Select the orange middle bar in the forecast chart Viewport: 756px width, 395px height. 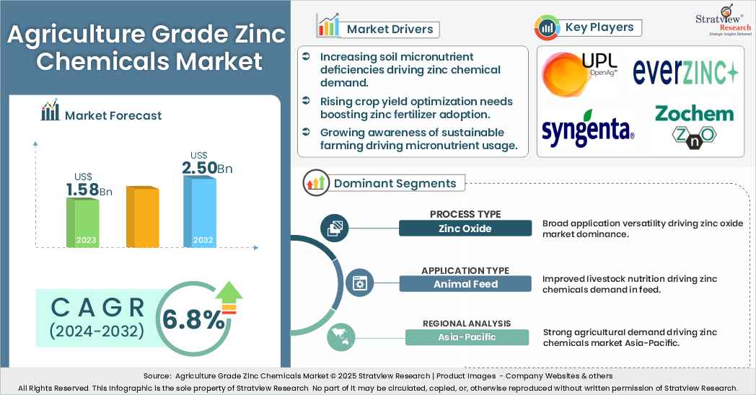coord(142,217)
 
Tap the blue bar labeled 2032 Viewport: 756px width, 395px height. coord(200,211)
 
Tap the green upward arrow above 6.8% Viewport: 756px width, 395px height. coord(229,293)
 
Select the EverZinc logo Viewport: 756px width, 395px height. coord(685,72)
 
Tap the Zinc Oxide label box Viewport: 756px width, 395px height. coord(465,228)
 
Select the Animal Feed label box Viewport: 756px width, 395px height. coord(465,284)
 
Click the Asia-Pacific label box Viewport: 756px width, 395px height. coord(465,337)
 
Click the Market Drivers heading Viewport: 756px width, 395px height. coord(390,29)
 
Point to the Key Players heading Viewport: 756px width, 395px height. coord(599,27)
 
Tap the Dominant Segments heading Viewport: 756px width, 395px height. coord(395,183)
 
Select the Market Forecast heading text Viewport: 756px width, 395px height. coord(113,115)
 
